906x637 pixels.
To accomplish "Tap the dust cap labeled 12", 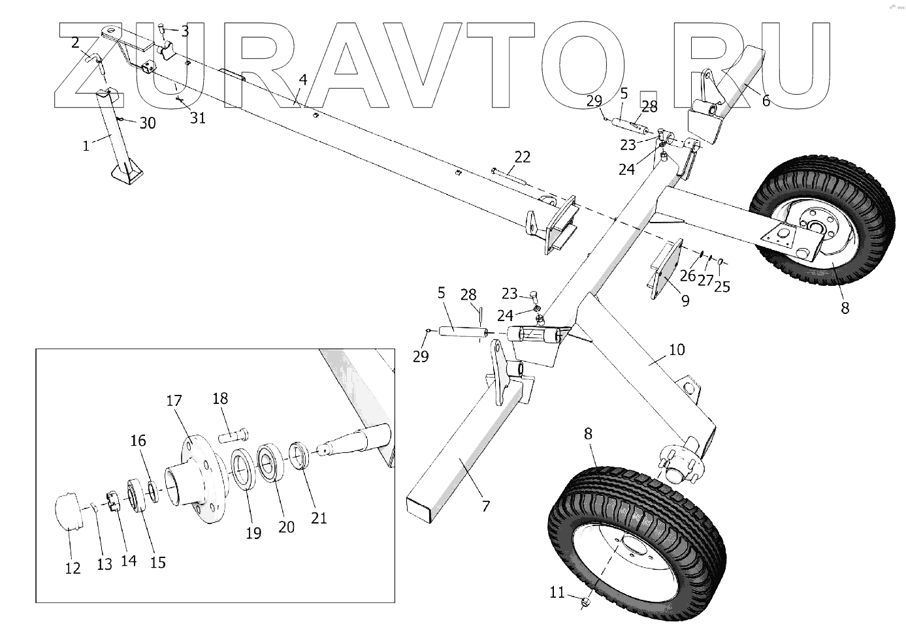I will coord(69,513).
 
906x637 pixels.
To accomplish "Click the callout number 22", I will coord(522,157).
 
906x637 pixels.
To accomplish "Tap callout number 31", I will coord(197,118).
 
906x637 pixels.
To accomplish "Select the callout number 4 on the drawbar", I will coord(302,80).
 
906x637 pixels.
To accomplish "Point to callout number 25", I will coord(722,286).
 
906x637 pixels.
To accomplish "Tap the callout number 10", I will coord(677,350).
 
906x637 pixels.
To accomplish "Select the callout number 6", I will coord(766,101).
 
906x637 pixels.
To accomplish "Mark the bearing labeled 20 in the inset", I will coord(270,463).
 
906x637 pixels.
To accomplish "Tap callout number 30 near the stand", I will coord(148,123).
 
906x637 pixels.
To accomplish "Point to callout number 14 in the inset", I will coord(129,560).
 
